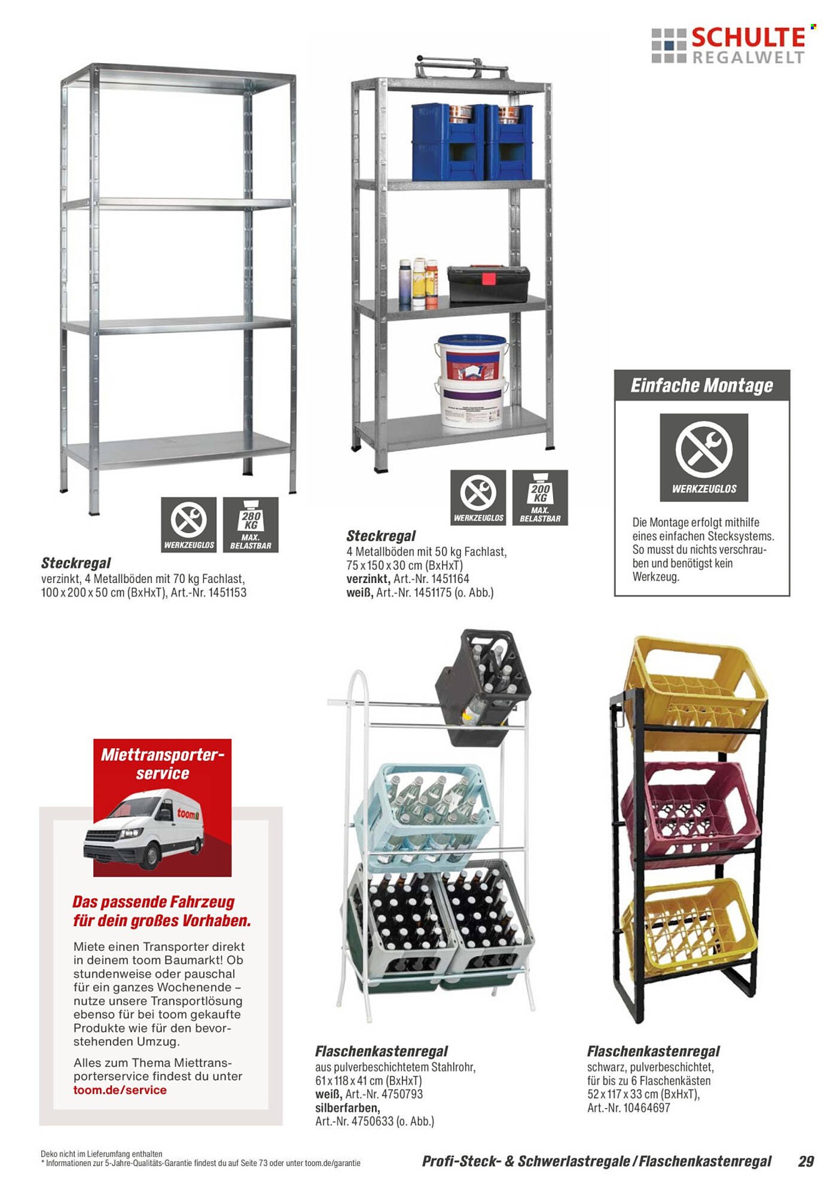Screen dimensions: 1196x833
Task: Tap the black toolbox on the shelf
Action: point(489,284)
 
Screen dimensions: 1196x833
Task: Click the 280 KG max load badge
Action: point(251,524)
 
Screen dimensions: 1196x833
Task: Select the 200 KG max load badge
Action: point(540,498)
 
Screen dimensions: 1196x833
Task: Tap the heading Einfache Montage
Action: point(701,386)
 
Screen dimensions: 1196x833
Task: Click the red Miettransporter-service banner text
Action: point(162,764)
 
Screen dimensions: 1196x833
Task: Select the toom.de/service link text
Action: point(120,1090)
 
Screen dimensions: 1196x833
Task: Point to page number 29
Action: point(805,1161)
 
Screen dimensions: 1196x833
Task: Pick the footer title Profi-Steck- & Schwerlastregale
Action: point(526,1161)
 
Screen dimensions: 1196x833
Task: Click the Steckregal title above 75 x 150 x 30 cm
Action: point(381,536)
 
